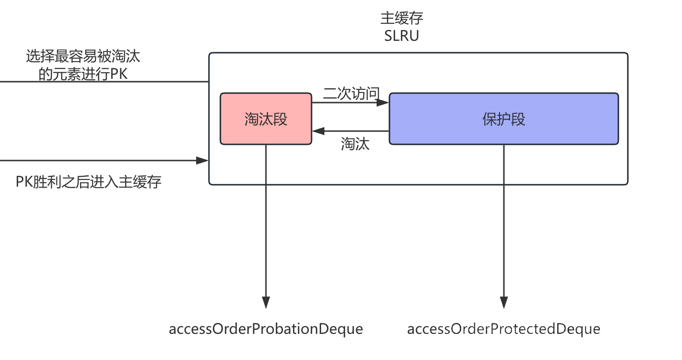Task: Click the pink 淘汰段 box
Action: coord(265,119)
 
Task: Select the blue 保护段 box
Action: coord(503,119)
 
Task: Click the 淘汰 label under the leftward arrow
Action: coord(355,144)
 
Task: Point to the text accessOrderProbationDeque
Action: coord(265,329)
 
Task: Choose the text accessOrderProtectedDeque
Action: coord(503,329)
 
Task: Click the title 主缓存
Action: coord(402,19)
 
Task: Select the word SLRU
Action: coord(402,36)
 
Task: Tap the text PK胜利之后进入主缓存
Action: coord(89,182)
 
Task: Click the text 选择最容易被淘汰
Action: coord(83,57)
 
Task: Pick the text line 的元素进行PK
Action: coord(83,74)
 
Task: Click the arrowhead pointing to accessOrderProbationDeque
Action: coord(266,303)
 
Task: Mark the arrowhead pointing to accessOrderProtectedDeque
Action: coord(504,303)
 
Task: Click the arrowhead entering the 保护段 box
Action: coord(384,103)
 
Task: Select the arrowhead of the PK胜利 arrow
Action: coord(203,161)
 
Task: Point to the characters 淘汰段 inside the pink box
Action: coord(266,119)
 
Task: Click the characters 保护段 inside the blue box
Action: coord(504,119)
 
